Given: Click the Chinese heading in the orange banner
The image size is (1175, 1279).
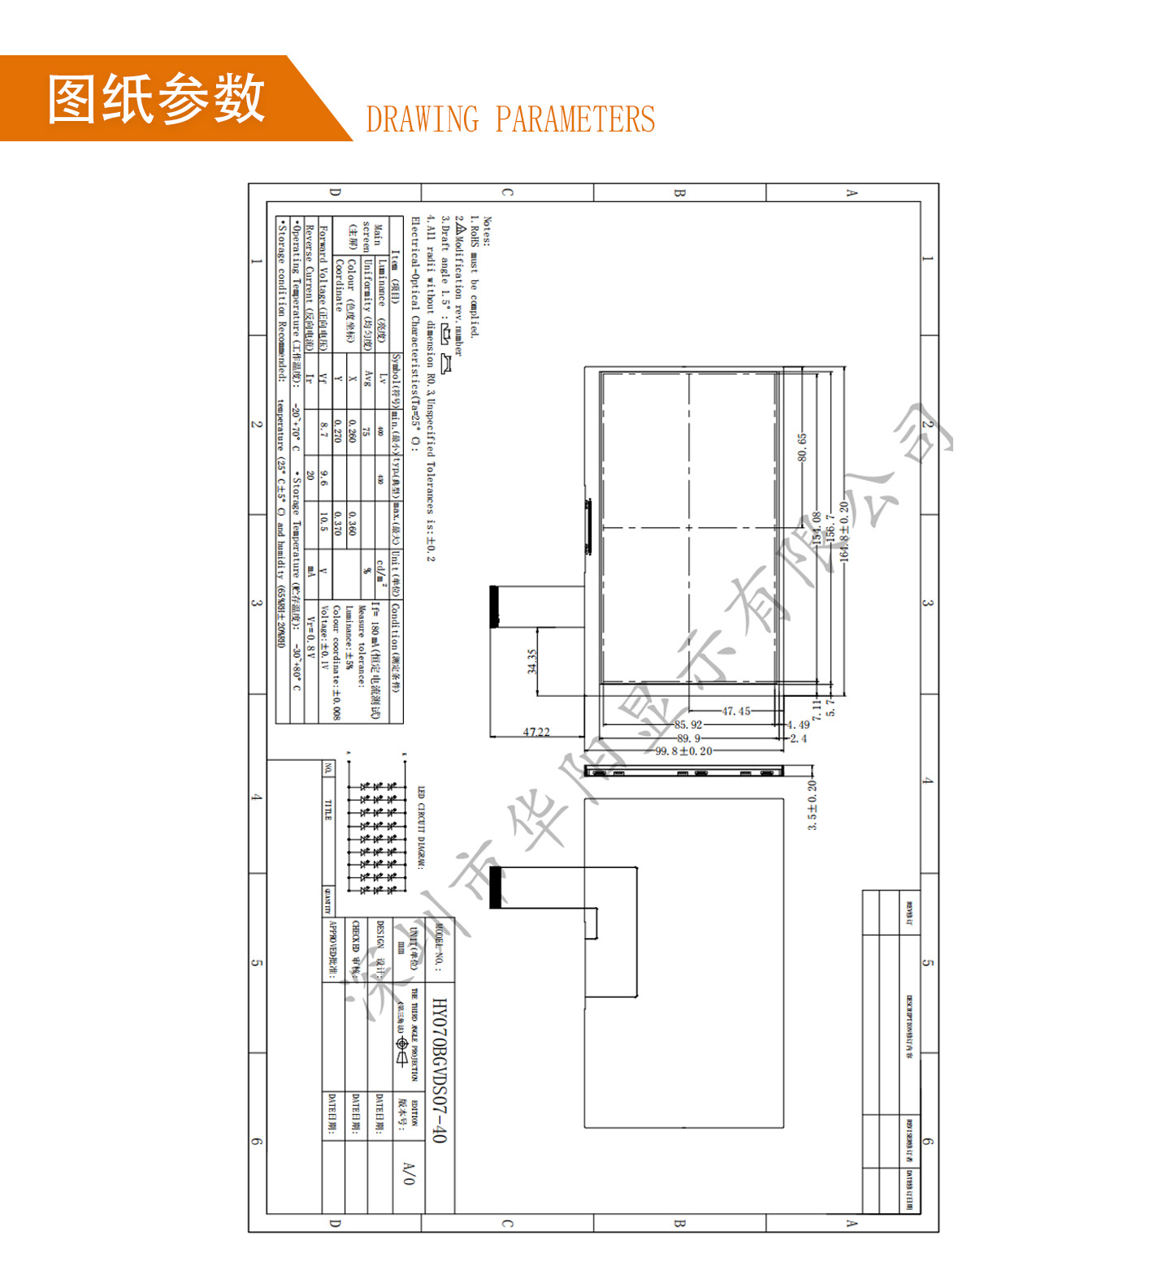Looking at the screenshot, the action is click(156, 99).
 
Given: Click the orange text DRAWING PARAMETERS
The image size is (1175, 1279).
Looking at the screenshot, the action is click(510, 119).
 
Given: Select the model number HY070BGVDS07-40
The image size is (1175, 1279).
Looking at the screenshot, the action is click(439, 1070).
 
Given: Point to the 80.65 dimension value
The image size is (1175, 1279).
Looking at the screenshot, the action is click(802, 447).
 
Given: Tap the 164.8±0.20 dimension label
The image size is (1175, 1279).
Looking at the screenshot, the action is click(844, 531).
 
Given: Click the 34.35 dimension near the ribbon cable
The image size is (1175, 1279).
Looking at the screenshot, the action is click(532, 662).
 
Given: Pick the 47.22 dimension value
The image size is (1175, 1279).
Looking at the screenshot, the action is click(536, 732).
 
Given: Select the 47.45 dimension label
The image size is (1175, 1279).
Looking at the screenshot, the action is click(736, 711).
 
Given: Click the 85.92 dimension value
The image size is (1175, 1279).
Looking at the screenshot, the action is click(688, 724).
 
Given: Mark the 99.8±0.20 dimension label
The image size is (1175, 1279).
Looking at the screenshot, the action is click(683, 751).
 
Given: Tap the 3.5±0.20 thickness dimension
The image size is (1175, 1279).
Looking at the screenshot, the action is click(813, 806).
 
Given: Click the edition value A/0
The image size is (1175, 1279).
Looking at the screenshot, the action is click(409, 1173).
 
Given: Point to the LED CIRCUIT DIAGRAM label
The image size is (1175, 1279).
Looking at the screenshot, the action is click(421, 827).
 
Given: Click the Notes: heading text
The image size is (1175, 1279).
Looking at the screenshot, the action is click(487, 231).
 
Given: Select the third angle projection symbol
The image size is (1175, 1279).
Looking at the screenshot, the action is click(401, 1053).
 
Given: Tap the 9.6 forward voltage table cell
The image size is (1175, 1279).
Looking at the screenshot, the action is click(324, 477).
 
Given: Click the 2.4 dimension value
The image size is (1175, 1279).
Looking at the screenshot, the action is click(798, 738).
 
